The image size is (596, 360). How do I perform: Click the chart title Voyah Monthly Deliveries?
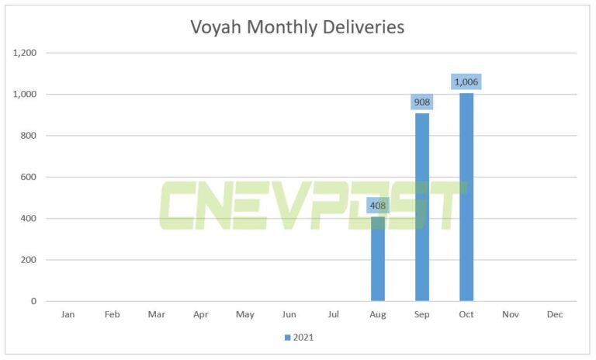pos(297,27)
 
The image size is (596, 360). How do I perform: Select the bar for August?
pos(378,260)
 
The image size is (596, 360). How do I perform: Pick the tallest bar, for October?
pos(466,197)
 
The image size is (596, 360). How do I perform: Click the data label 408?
pos(378,206)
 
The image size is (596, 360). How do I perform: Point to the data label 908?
pos(422,102)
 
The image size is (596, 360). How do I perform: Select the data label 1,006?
pos(466,81)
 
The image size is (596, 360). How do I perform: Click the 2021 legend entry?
pos(299,337)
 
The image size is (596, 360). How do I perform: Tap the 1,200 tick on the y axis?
pos(26,53)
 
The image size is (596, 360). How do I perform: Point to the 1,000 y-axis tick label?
pos(26,95)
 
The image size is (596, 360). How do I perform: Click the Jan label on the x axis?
pos(68,315)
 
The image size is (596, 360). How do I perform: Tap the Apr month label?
pos(201,315)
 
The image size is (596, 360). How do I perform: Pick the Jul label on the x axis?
pos(334,315)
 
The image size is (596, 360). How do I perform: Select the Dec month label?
pos(555,315)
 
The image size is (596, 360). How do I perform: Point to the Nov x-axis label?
pos(511,315)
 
